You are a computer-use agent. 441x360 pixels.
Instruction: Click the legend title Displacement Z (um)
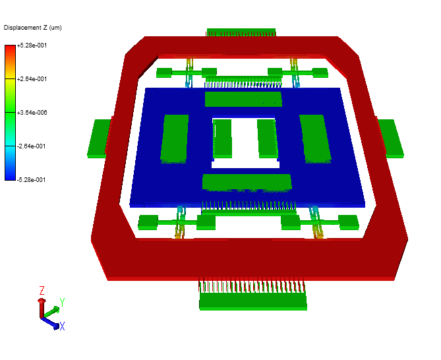tap(32, 27)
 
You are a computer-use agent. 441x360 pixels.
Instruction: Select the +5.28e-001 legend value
tap(32, 45)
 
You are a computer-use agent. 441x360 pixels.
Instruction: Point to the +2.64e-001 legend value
tap(32, 79)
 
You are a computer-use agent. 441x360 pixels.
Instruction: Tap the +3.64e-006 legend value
tap(32, 113)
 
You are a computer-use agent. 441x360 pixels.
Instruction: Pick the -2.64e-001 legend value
tap(32, 146)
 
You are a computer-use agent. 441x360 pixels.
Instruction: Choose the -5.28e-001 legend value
tap(32, 179)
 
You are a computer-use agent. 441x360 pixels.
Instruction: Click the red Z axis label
tap(42, 290)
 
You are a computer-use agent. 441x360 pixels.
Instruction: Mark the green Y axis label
tap(61, 303)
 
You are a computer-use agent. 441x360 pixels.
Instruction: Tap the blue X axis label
tap(62, 326)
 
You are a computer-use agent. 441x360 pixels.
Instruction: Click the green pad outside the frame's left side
tap(99, 138)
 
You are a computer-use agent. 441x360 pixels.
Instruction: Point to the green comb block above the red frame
tap(241, 32)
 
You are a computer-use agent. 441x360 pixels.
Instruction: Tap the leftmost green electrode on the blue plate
tap(175, 138)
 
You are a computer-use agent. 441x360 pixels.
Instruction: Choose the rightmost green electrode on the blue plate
tap(314, 137)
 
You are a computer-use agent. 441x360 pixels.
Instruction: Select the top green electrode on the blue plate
tap(243, 100)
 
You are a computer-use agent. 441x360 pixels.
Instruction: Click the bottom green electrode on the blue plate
tap(247, 182)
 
